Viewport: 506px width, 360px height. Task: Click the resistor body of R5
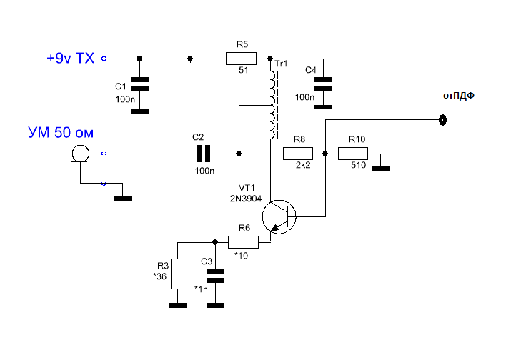tap(241, 59)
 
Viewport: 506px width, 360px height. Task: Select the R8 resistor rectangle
tap(298, 154)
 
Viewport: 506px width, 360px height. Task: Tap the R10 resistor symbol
tap(353, 154)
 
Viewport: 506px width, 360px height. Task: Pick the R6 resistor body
tap(243, 242)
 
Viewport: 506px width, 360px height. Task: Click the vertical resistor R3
tap(177, 274)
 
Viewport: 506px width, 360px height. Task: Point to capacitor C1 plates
tap(140, 84)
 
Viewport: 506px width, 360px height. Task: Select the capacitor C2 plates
tap(203, 154)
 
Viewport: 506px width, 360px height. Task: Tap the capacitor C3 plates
tap(216, 276)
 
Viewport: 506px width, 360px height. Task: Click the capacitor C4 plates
tap(323, 84)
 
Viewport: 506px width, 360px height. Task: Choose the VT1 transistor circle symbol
tap(279, 216)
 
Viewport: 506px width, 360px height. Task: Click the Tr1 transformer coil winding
tap(274, 105)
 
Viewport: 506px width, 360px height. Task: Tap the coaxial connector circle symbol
tap(80, 154)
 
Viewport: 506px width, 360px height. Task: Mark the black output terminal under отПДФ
tap(443, 120)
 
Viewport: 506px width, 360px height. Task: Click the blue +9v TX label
tap(71, 58)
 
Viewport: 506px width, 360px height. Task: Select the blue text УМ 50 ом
tap(61, 133)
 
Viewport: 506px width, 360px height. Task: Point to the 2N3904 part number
tap(246, 199)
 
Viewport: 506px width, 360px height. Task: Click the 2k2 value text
tap(303, 165)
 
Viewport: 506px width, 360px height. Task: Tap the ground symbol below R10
tap(380, 168)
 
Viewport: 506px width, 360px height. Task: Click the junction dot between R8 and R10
tap(325, 154)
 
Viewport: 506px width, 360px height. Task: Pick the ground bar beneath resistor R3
tap(177, 305)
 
